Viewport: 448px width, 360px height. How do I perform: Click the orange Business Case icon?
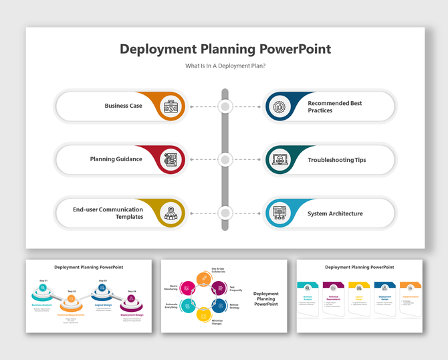click(171, 106)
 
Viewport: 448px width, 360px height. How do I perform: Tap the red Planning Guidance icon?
click(171, 160)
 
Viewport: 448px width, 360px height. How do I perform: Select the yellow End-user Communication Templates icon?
click(171, 213)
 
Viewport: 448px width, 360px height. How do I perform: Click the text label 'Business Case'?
click(123, 106)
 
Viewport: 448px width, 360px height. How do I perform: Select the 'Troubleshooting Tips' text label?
click(336, 160)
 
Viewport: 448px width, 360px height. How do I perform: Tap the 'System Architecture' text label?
click(335, 213)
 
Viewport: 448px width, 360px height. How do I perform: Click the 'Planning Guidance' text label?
click(116, 159)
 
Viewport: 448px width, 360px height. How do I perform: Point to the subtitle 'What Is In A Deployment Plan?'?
click(225, 66)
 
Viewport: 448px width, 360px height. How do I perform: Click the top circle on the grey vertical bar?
click(225, 106)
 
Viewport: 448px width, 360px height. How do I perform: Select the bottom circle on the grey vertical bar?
click(225, 213)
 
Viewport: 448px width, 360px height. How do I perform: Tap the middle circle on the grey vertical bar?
click(225, 160)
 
